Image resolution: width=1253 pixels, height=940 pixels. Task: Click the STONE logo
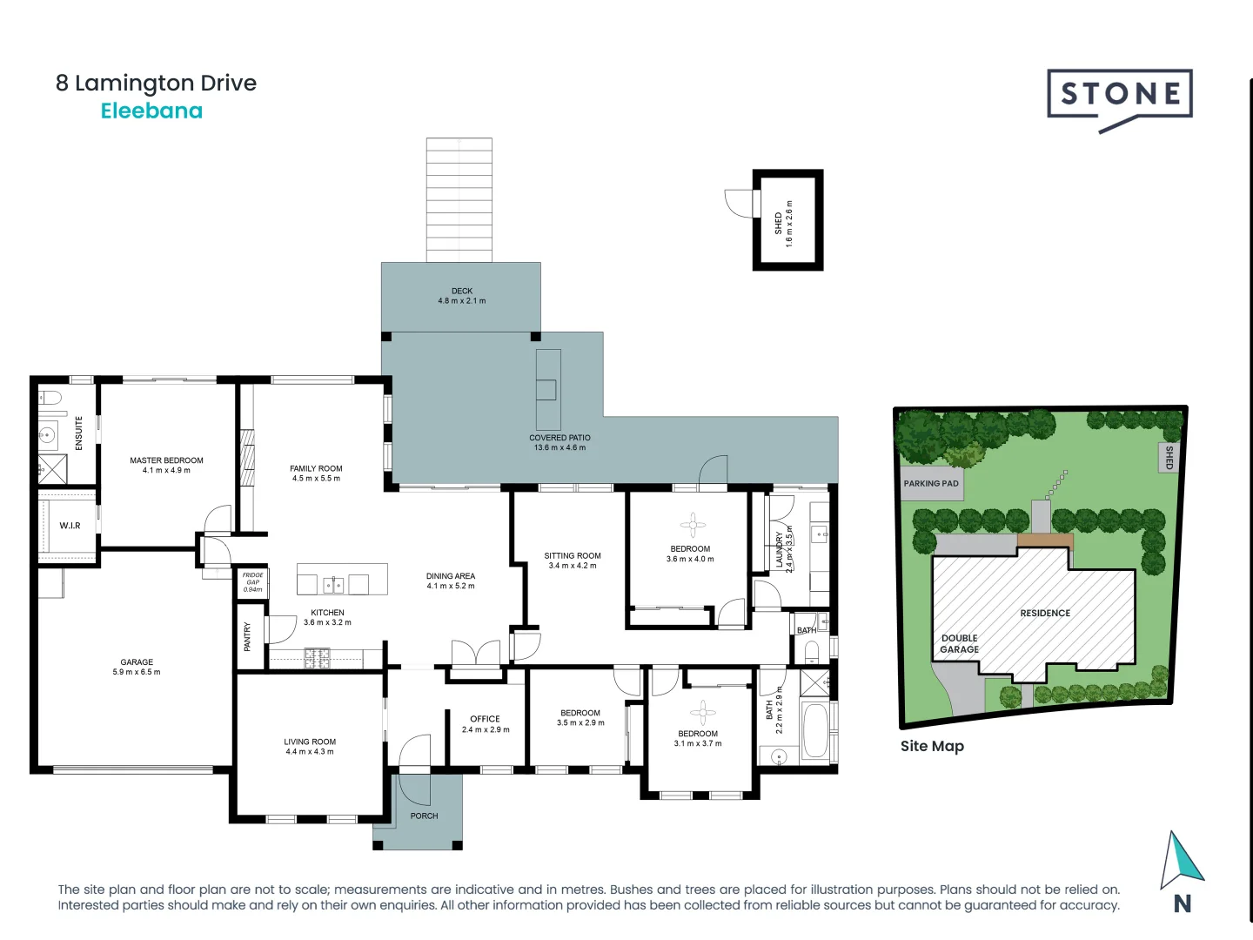pyautogui.click(x=1119, y=95)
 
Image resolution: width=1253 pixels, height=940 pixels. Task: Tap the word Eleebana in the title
pyautogui.click(x=151, y=111)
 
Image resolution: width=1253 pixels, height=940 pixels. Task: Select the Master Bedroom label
pyautogui.click(x=166, y=460)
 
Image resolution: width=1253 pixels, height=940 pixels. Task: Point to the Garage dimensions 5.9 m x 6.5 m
pyautogui.click(x=137, y=672)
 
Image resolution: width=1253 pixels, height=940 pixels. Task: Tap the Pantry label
pyautogui.click(x=247, y=636)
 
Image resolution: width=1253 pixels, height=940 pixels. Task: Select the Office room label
pyautogui.click(x=485, y=719)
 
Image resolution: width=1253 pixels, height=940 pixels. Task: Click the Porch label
pyautogui.click(x=424, y=816)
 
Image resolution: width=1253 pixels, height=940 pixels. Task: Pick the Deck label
pyautogui.click(x=461, y=291)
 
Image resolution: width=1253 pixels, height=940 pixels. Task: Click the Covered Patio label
pyautogui.click(x=559, y=438)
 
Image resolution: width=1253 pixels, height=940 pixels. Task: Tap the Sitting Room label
pyautogui.click(x=573, y=555)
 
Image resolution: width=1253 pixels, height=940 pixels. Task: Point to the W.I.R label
pyautogui.click(x=70, y=526)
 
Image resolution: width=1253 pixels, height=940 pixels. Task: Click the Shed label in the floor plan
pyautogui.click(x=778, y=223)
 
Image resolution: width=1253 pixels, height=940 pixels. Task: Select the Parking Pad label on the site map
pyautogui.click(x=930, y=484)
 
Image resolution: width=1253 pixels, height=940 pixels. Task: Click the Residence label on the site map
pyautogui.click(x=1045, y=613)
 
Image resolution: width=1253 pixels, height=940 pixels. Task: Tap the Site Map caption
pyautogui.click(x=932, y=746)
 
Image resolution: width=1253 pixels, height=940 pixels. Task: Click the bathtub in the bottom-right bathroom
pyautogui.click(x=815, y=729)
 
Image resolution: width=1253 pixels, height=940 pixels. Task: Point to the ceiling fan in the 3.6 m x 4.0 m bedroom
pyautogui.click(x=693, y=524)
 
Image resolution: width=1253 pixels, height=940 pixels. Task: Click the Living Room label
pyautogui.click(x=310, y=742)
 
